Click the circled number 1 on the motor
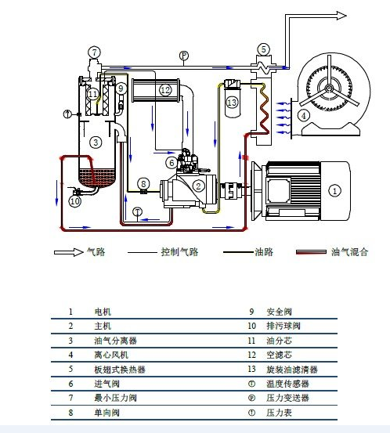click(x=334, y=189)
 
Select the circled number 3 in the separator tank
click(x=95, y=142)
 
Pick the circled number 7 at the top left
click(x=94, y=52)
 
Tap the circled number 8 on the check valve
click(x=143, y=183)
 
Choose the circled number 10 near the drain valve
click(x=74, y=201)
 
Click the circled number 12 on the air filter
click(x=165, y=90)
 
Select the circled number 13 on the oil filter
click(x=231, y=102)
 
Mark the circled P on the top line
click(x=183, y=56)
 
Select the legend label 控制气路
click(x=178, y=252)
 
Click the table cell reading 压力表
click(x=280, y=412)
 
